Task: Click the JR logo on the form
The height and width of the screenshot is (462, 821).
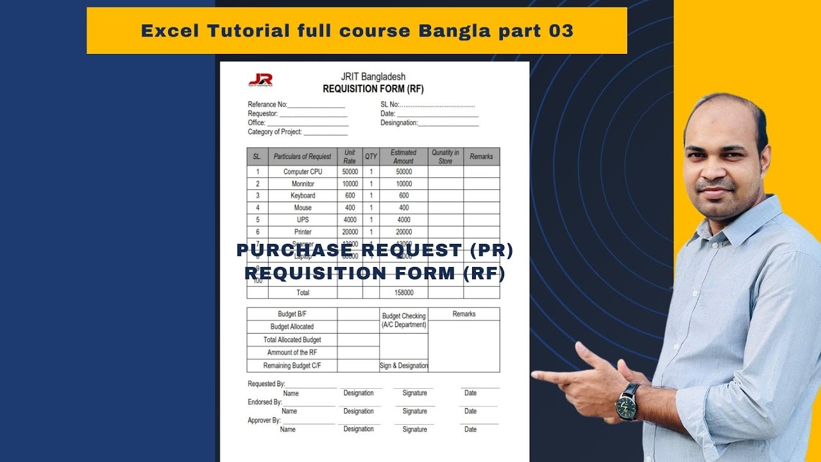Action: point(260,80)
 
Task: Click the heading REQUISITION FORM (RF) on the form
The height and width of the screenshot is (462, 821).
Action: point(373,89)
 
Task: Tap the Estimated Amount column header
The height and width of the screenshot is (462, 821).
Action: point(403,157)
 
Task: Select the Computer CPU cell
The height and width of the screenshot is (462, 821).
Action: point(303,172)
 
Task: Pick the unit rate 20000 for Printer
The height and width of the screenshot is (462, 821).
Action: point(350,232)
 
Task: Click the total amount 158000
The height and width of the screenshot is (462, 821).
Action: point(403,293)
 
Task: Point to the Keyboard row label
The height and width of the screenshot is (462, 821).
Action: point(303,196)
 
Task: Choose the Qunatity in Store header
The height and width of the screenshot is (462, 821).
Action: point(445,157)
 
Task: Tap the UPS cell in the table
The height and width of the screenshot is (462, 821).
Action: point(303,219)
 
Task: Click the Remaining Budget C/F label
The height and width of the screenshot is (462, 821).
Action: point(292,366)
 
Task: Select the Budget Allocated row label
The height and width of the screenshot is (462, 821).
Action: point(292,327)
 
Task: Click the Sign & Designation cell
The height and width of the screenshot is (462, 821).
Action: point(403,366)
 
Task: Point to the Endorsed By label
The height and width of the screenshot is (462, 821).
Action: point(264,402)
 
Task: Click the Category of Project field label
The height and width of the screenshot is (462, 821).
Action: point(275,132)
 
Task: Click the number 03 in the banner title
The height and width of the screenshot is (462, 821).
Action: point(561,31)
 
